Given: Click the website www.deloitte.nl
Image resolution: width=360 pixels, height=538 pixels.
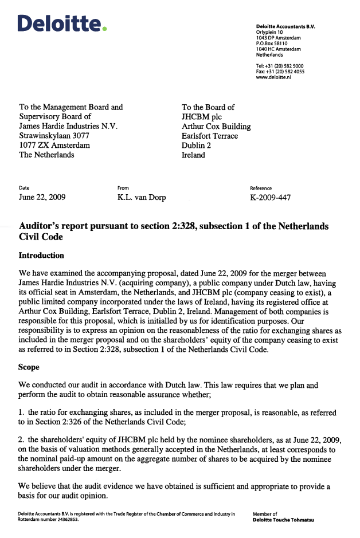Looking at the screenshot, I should tap(273, 77).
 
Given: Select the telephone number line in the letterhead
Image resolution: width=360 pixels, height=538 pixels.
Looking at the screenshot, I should tap(280, 66).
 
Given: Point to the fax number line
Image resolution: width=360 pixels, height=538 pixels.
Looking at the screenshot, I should tap(280, 72).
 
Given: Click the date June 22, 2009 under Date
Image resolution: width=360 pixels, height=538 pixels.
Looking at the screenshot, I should tap(42, 198).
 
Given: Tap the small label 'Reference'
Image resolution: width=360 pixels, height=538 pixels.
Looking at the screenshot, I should tap(261, 188).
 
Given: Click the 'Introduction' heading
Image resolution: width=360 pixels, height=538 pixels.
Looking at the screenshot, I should tap(41, 255).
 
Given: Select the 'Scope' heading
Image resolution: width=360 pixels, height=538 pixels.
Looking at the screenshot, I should tap(29, 367).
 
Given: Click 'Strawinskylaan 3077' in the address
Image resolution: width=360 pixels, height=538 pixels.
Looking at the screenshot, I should tap(55, 136).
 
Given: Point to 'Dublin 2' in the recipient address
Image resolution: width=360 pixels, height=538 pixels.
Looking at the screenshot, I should tap(196, 146).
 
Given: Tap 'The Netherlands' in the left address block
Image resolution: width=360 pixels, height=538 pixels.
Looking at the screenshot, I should tap(46, 155).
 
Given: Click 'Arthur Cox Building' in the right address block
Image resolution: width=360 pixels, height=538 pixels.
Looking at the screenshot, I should tap(216, 126).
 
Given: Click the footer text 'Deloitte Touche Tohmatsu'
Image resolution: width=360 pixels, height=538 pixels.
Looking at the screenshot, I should tap(283, 520).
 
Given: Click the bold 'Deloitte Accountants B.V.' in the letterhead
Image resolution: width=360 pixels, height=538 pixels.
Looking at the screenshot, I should tap(285, 27).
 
